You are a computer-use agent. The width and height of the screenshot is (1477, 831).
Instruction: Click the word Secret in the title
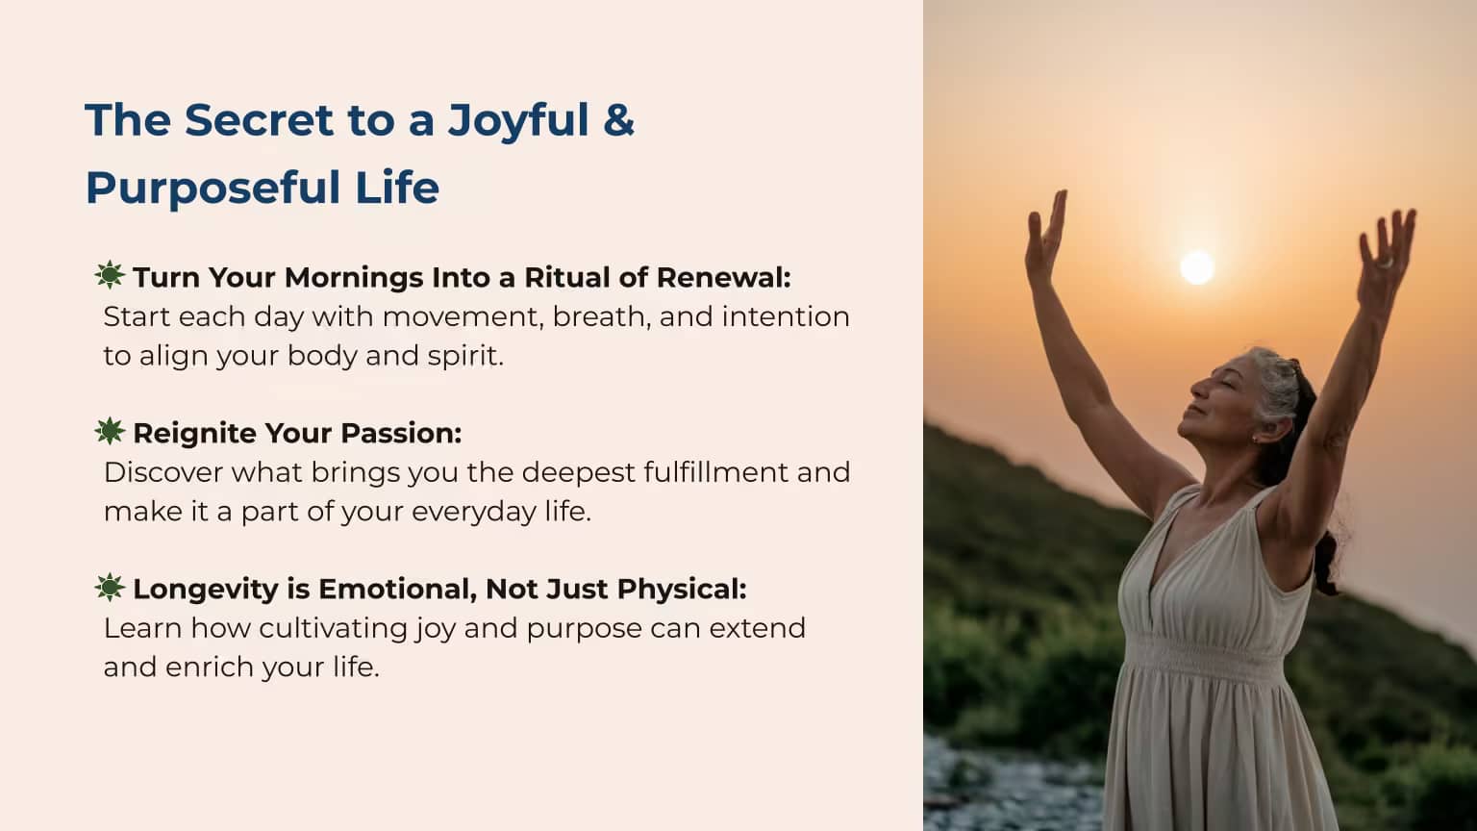coord(259,120)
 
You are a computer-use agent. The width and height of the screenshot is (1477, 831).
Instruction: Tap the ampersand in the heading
coord(618,120)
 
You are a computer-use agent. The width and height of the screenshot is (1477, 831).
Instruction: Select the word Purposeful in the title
coord(213,188)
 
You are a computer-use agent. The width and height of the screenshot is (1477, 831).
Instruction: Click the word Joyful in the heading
coord(518,122)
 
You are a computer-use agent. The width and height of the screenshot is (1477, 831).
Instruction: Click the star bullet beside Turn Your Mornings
coord(110,275)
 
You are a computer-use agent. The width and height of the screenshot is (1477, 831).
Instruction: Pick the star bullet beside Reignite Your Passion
coord(110,431)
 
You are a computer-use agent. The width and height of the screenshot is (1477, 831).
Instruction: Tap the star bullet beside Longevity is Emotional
coord(110,587)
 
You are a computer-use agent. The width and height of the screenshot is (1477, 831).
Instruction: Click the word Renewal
coord(724,278)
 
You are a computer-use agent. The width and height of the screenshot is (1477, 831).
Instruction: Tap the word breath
coord(601,316)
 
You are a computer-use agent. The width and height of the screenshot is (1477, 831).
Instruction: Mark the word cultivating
coord(333,628)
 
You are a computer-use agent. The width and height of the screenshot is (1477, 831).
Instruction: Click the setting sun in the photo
coord(1197,267)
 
